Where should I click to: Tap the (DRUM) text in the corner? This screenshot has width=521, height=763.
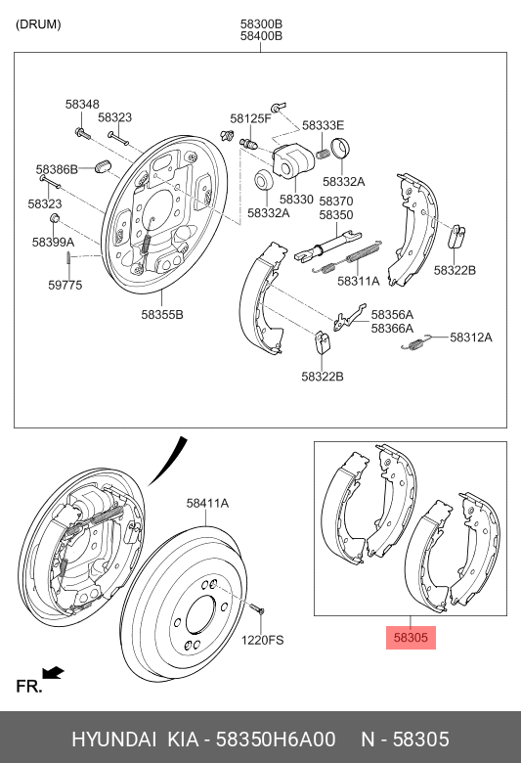pyautogui.click(x=38, y=24)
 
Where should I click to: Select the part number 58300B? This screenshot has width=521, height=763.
pyautogui.click(x=261, y=23)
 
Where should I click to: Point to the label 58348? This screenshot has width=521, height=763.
pyautogui.click(x=82, y=104)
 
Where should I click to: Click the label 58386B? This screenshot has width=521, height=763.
pyautogui.click(x=57, y=169)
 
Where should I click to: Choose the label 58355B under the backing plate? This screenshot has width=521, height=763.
pyautogui.click(x=162, y=314)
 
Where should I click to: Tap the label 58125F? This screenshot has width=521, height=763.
pyautogui.click(x=250, y=119)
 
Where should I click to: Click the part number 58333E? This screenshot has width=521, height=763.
pyautogui.click(x=323, y=125)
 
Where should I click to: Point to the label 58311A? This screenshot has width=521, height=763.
pyautogui.click(x=358, y=281)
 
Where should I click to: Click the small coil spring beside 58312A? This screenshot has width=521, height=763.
pyautogui.click(x=420, y=340)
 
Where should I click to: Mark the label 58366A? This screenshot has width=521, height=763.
pyautogui.click(x=392, y=329)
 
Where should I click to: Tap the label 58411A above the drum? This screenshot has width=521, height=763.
pyautogui.click(x=207, y=503)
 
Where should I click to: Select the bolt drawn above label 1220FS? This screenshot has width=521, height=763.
pyautogui.click(x=257, y=613)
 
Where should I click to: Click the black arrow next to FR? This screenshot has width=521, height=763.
pyautogui.click(x=54, y=672)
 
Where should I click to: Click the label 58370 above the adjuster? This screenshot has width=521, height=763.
pyautogui.click(x=335, y=201)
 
